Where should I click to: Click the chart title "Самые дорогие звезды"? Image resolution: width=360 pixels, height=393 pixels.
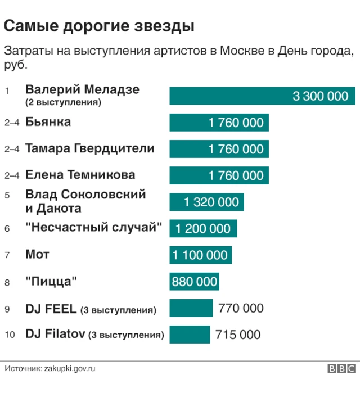100,26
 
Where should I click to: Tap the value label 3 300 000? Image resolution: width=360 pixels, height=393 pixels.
320,96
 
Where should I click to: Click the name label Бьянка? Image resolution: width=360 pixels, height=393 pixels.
48,121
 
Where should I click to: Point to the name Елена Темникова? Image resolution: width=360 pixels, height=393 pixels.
80,175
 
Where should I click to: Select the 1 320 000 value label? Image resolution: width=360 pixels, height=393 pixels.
211,202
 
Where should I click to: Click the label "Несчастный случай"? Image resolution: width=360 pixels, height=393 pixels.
94,228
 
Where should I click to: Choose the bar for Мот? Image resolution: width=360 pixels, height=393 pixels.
200,255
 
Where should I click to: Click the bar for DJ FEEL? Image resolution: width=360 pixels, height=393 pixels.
191,308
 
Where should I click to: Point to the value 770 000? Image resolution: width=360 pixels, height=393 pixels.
241,308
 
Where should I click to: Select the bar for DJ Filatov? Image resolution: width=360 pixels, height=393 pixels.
190,335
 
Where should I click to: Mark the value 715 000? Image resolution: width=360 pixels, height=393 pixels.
238,335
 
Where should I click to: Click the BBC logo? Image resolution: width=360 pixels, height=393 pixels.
342,369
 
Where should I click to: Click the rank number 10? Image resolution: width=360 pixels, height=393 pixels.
10,335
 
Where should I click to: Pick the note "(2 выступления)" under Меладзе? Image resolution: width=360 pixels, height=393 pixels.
63,102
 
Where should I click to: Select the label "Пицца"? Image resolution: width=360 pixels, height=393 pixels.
51,281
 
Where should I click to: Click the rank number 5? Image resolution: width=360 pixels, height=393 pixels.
7,196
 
